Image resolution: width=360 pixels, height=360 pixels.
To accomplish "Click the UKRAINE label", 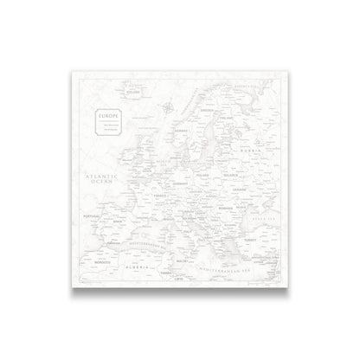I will (x=259, y=188).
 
